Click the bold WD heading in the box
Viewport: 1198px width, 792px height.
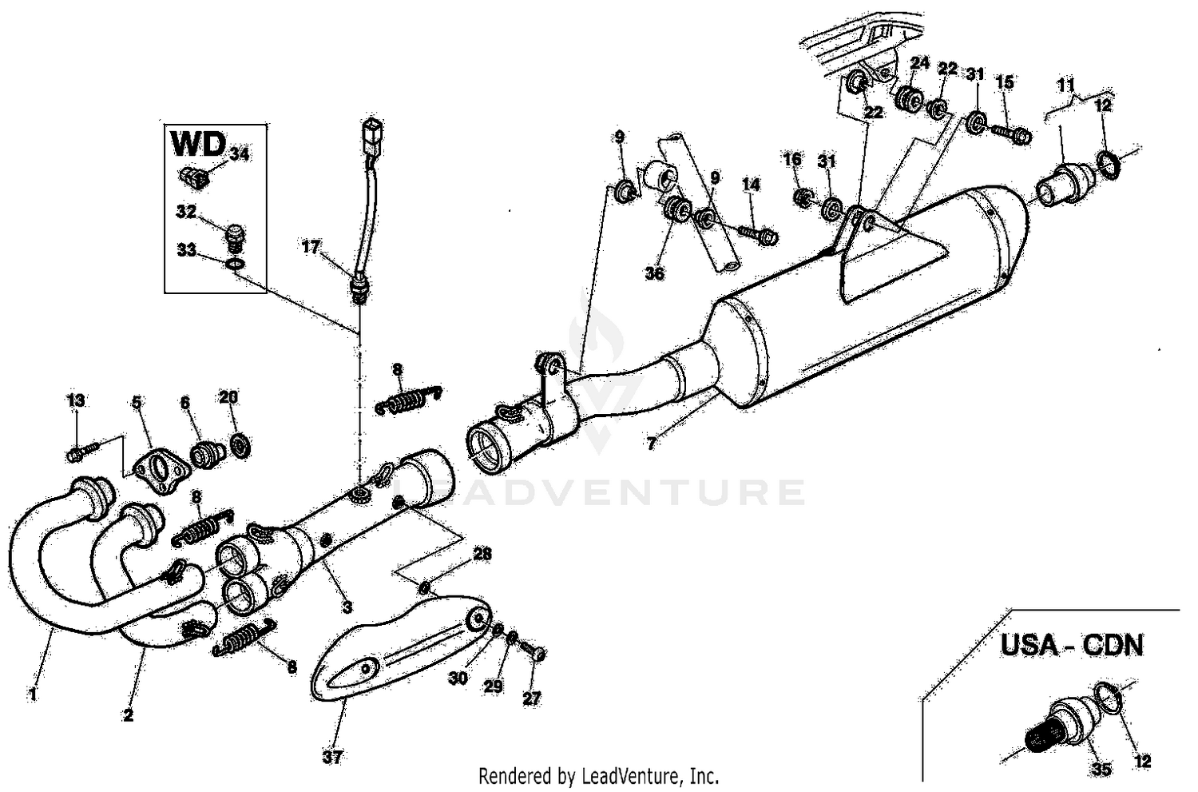click(198, 145)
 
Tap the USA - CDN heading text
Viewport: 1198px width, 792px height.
click(1072, 645)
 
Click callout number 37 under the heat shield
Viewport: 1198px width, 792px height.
click(331, 756)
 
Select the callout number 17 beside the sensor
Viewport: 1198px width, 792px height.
click(311, 248)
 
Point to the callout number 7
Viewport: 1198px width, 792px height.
click(653, 444)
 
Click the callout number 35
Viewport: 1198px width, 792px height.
click(1101, 770)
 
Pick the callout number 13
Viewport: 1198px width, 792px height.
click(75, 400)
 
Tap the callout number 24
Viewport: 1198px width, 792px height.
click(919, 62)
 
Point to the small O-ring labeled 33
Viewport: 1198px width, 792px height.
click(234, 265)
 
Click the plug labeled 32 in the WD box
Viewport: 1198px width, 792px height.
click(234, 235)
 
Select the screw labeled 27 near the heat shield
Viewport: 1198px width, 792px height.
click(538, 653)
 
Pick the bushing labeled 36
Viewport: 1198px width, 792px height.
click(678, 211)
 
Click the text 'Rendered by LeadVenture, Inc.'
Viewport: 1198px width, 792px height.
click(598, 775)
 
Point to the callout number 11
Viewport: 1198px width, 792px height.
click(1066, 84)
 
